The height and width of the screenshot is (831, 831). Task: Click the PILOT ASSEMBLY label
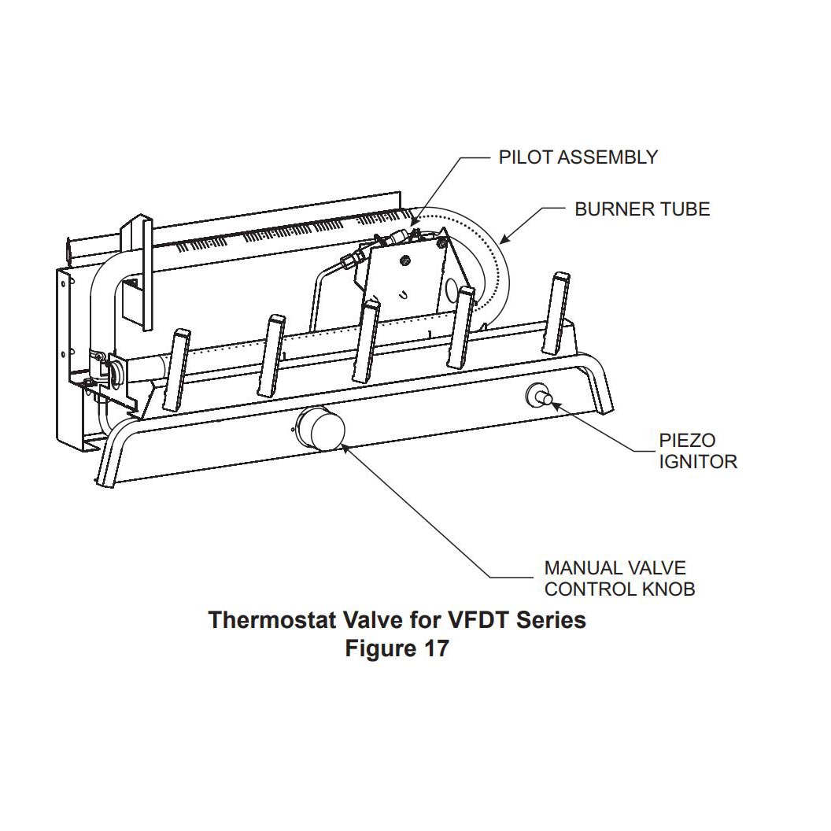(578, 157)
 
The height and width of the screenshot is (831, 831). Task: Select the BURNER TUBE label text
(642, 209)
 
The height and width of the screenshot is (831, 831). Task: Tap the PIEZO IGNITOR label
(698, 451)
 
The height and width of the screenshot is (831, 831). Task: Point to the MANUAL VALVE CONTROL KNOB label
(619, 578)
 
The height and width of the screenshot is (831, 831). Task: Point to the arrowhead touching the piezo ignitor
(554, 404)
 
